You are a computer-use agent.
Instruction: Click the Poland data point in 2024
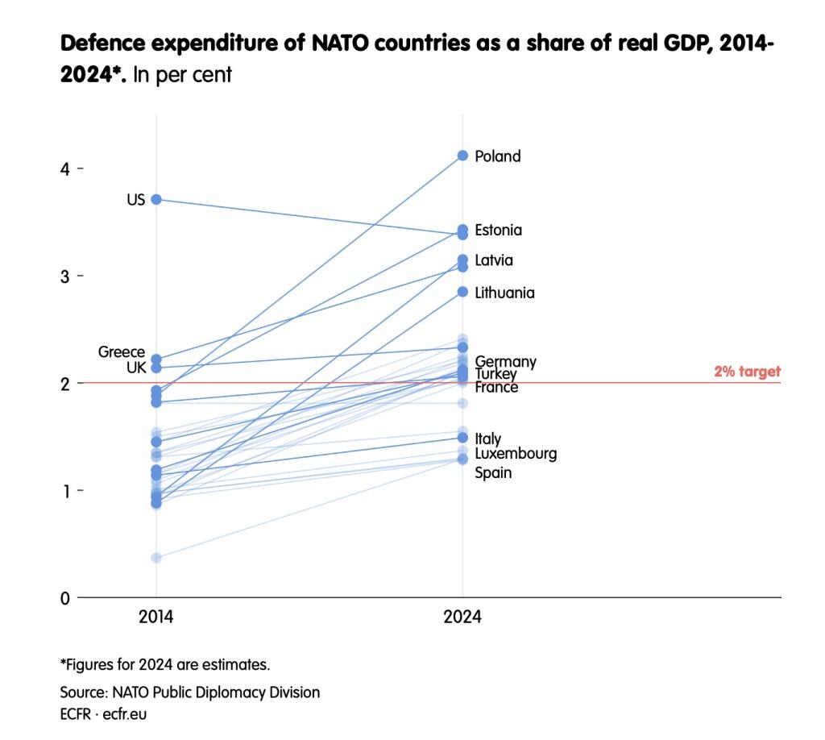462,156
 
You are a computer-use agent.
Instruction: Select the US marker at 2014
156,199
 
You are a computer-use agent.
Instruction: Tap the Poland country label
497,156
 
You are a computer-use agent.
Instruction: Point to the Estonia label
498,231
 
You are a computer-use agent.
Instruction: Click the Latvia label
493,261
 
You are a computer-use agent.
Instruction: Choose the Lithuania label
504,293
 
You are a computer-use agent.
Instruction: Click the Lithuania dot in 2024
462,292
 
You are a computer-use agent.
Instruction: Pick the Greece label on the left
122,352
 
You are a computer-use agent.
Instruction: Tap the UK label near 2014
135,368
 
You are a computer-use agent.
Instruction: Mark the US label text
135,200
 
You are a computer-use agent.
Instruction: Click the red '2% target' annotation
747,372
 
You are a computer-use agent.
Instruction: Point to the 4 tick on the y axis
64,169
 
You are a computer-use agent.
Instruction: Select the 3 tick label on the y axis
64,276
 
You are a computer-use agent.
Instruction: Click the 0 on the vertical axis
64,598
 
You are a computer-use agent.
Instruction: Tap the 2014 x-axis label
156,617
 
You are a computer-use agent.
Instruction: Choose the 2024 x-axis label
462,617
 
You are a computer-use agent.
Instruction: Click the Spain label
493,473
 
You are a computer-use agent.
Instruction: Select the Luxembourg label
516,454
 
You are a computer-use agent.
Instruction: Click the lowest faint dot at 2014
156,558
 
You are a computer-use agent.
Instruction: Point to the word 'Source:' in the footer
83,692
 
